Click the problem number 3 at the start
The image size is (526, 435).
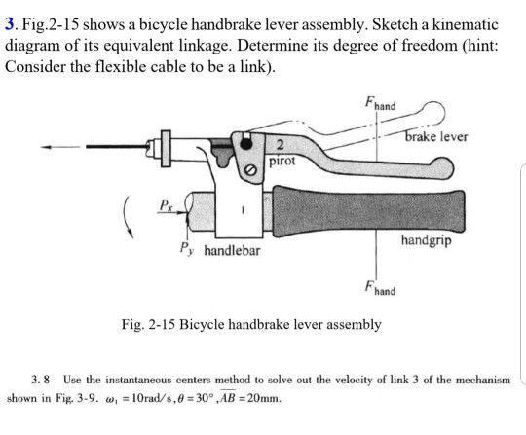click(9, 22)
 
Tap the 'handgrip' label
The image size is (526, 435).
click(424, 238)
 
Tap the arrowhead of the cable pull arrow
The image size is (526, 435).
click(44, 149)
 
